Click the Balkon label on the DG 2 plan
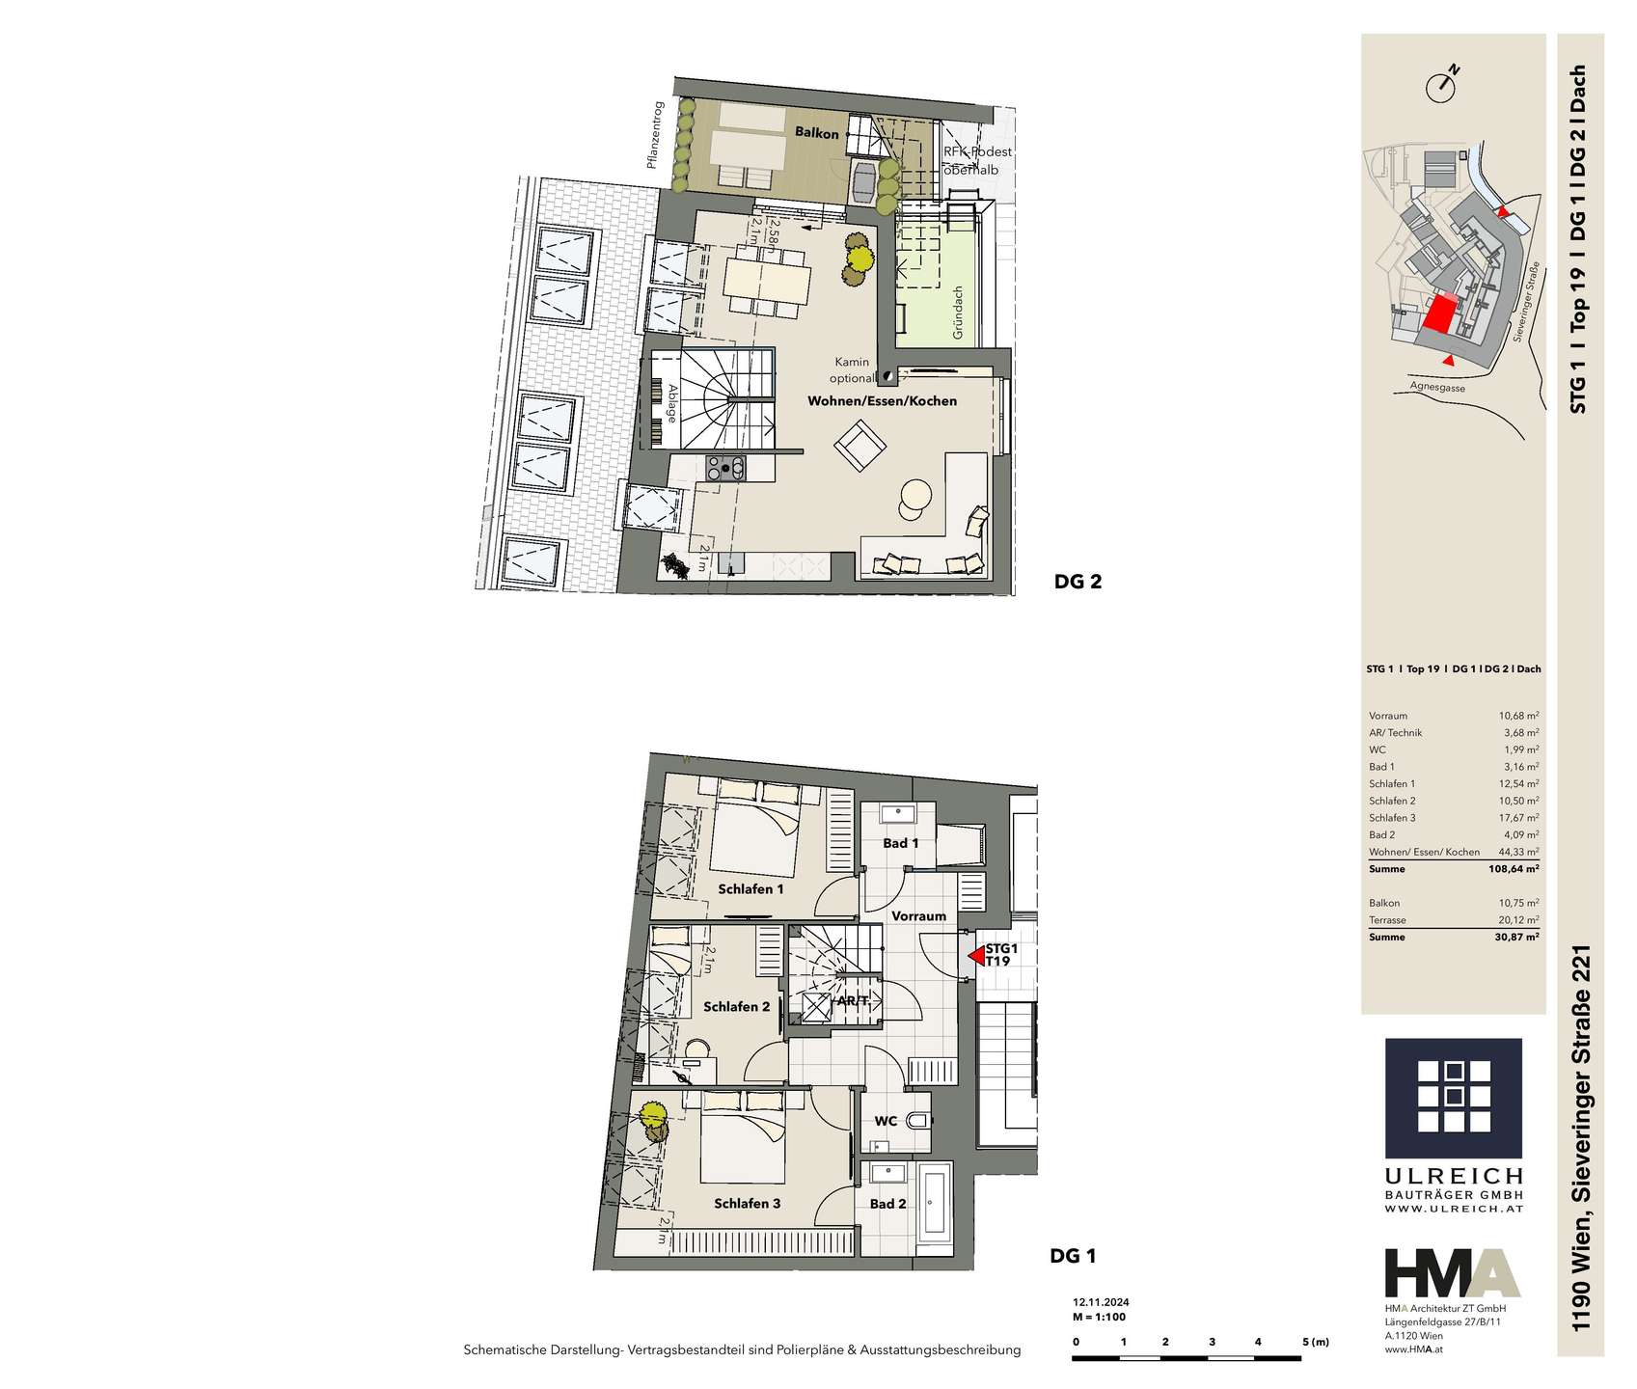point(816,133)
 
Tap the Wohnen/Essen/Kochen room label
point(882,400)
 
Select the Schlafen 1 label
point(750,888)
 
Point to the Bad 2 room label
point(887,1203)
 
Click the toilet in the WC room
point(918,1120)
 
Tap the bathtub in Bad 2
point(934,1204)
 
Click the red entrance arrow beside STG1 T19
point(976,957)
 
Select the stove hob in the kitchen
point(725,468)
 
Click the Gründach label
point(958,312)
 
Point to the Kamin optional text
point(852,370)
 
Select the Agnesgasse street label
point(1437,386)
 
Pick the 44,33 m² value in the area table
point(1517,852)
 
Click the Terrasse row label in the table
point(1387,920)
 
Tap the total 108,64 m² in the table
point(1514,869)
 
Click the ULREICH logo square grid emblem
point(1454,1097)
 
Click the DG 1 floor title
point(1073,1256)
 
